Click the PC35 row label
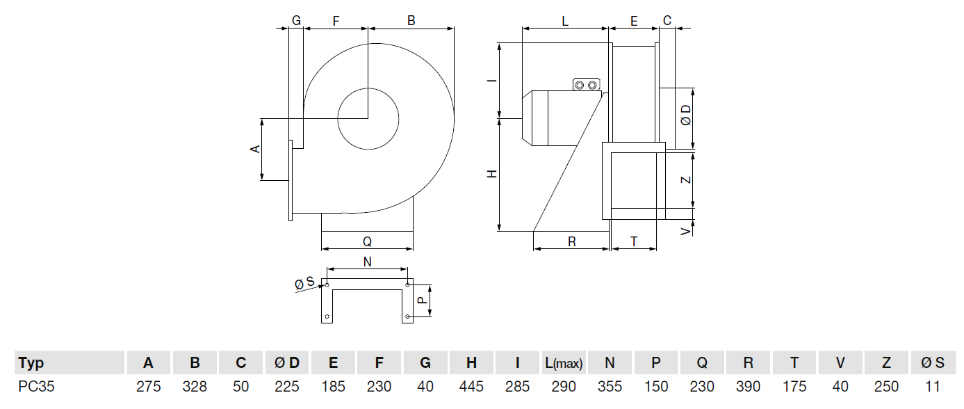[x=36, y=387]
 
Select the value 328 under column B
[x=195, y=387]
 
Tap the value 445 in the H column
[x=471, y=387]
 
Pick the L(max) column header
[x=563, y=363]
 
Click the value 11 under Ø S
[x=933, y=387]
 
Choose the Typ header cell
[x=31, y=363]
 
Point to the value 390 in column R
[x=748, y=387]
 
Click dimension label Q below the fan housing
[x=367, y=241]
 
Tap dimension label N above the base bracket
[x=368, y=262]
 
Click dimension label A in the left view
[x=255, y=149]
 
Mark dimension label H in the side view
[x=492, y=174]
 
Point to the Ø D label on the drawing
[x=686, y=115]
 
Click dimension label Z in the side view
[x=686, y=179]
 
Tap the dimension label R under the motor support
[x=571, y=241]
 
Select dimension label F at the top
[x=336, y=21]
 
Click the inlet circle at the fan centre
[x=368, y=118]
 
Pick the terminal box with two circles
[x=585, y=85]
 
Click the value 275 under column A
[x=149, y=387]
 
